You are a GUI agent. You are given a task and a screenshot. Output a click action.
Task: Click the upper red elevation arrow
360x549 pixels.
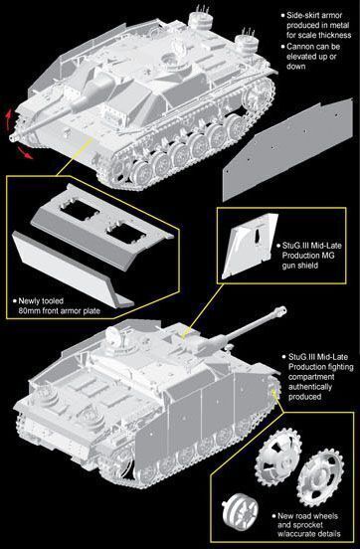click(x=8, y=119)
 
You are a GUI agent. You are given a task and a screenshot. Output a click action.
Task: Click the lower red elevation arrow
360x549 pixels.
click(x=25, y=152)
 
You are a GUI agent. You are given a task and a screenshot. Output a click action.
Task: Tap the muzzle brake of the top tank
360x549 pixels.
click(x=14, y=136)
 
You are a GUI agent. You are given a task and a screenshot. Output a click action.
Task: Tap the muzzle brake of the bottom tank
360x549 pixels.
click(x=280, y=310)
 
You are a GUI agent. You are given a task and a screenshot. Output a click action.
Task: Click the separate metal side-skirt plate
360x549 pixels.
click(x=287, y=149)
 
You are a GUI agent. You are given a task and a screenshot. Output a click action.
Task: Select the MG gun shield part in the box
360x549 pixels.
click(x=250, y=246)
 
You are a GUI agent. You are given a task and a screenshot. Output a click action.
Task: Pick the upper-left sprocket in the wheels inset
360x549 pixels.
click(x=277, y=457)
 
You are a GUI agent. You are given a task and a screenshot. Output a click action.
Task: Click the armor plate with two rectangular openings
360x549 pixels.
click(x=101, y=226)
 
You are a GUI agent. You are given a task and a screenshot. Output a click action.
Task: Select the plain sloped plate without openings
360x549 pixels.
click(x=72, y=270)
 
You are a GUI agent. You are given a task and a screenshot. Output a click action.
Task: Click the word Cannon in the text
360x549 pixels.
click(x=299, y=47)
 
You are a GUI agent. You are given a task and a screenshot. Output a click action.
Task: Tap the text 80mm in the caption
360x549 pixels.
click(x=29, y=310)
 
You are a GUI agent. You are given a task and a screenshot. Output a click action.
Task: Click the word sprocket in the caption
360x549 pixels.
click(x=305, y=525)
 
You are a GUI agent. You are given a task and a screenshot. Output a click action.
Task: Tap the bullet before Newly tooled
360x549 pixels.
click(x=14, y=300)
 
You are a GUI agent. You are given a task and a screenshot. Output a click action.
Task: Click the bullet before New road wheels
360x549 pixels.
click(x=273, y=516)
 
